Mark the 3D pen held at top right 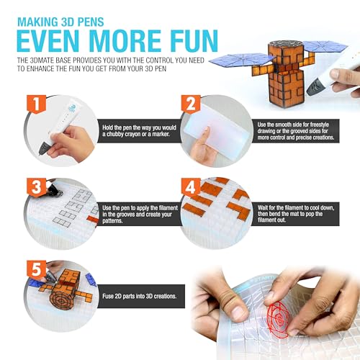pyautogui.click(x=333, y=84)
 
